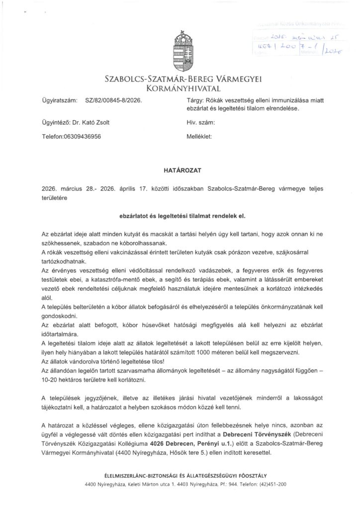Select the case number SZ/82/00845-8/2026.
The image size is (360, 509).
tap(113, 100)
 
